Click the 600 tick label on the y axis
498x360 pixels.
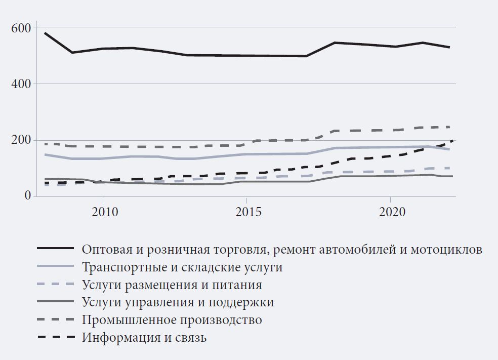(21, 27)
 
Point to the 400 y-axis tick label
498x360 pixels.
(21, 84)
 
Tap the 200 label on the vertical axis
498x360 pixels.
(21, 140)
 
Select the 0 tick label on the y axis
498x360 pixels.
(27, 196)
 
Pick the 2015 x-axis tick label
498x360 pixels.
(246, 211)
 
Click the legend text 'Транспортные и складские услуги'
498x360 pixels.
(182, 267)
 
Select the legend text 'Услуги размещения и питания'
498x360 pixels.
(172, 285)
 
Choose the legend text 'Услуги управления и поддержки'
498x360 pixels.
(178, 302)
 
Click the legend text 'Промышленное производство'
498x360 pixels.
(172, 320)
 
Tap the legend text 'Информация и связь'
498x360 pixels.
(144, 338)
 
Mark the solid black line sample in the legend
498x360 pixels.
(55, 249)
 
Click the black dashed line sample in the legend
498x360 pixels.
(55, 337)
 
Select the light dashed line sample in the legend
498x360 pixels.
(55, 284)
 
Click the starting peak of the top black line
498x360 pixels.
(45, 33)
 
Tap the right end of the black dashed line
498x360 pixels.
(451, 141)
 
